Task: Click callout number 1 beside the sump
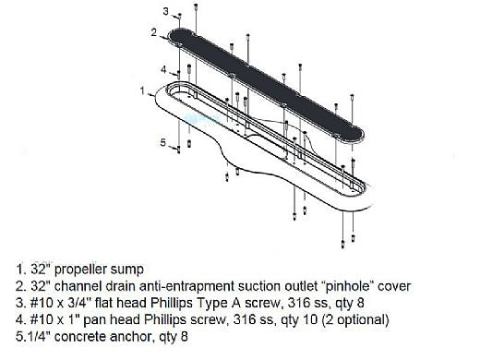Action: click(x=142, y=90)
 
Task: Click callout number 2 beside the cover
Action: click(x=154, y=32)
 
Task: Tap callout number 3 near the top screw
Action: click(x=166, y=11)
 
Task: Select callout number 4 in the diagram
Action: click(x=163, y=69)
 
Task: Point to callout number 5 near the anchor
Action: click(x=163, y=142)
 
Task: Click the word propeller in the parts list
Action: click(x=81, y=270)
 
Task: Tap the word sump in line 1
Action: click(x=126, y=270)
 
